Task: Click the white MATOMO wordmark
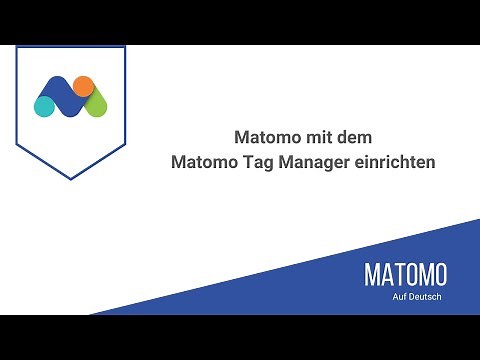pos(405,275)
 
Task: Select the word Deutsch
pos(426,296)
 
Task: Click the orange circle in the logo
pos(83,86)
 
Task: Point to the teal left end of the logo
pos(44,104)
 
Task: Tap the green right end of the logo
pos(97,104)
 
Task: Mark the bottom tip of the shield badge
pos(70,179)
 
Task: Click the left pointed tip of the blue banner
pos(95,312)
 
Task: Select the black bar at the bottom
pos(240,337)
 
